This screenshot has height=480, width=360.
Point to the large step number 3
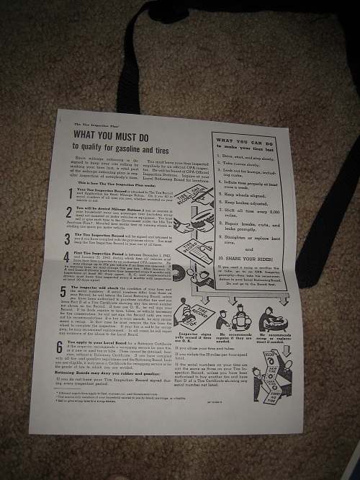click(64, 236)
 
